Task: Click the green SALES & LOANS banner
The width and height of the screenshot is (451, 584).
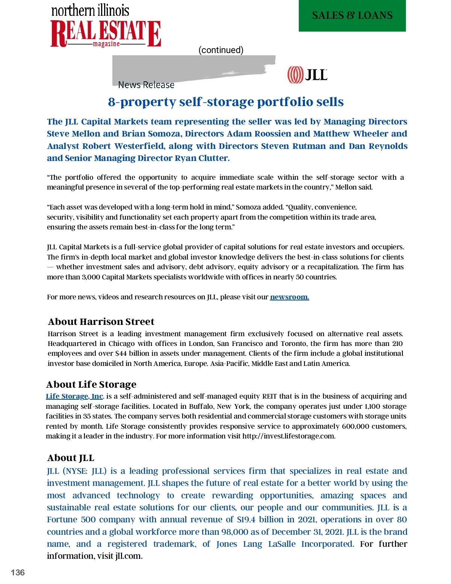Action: click(352, 15)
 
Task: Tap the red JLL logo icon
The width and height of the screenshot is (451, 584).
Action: click(295, 75)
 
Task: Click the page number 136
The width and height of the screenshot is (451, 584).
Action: click(18, 572)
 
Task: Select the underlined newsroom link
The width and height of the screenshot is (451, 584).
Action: click(289, 297)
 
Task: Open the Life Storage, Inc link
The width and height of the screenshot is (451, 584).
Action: click(74, 396)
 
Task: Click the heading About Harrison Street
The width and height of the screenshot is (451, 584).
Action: click(101, 322)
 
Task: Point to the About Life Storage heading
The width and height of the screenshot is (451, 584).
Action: click(91, 384)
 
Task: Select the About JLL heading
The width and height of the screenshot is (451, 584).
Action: click(71, 458)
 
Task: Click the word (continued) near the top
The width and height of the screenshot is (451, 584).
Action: click(221, 50)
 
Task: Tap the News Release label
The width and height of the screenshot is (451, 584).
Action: click(146, 85)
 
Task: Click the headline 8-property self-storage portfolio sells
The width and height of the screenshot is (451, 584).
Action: click(226, 102)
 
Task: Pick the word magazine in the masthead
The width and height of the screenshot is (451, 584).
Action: click(106, 44)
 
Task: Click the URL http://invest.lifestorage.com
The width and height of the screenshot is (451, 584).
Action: click(288, 436)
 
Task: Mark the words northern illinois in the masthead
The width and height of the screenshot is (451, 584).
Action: click(90, 11)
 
